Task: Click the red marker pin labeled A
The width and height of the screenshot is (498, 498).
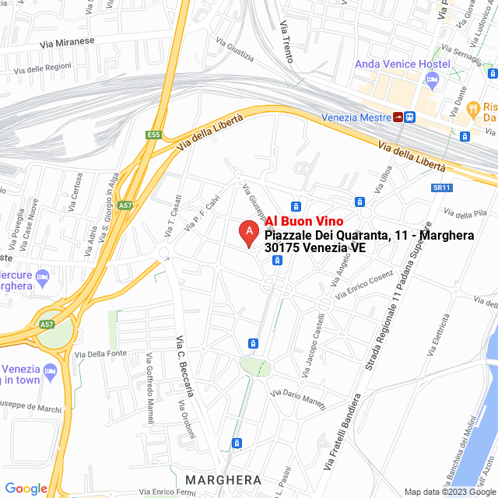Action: pos(247,232)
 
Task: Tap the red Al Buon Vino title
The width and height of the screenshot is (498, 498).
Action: pos(304,222)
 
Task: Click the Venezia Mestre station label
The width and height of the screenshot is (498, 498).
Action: pos(356,117)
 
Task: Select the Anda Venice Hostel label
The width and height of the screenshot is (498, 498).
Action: pos(402,63)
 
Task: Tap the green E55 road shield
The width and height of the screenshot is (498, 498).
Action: pos(153,135)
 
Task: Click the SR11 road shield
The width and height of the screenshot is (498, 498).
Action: pos(441,188)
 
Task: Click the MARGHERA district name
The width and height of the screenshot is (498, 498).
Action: pos(223,479)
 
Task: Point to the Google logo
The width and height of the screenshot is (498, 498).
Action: pos(26,489)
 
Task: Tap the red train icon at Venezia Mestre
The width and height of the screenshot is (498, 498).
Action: pos(398,117)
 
